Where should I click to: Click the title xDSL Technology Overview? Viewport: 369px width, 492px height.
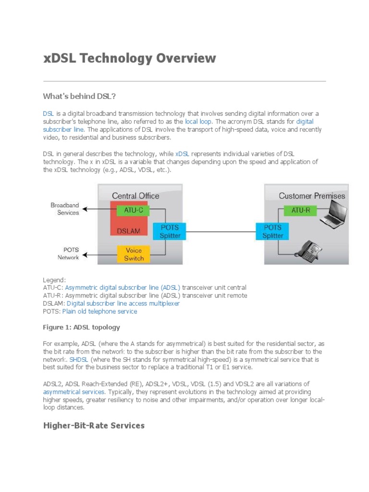pyautogui.click(x=129, y=59)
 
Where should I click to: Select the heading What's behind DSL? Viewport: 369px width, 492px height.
pyautogui.click(x=79, y=96)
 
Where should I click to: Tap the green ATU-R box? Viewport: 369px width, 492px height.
pyautogui.click(x=300, y=210)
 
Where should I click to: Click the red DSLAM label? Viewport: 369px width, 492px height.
pyautogui.click(x=128, y=231)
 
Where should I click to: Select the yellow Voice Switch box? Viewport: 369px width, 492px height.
pyautogui.click(x=134, y=254)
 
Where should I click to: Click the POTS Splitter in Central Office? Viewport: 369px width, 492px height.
pyautogui.click(x=170, y=231)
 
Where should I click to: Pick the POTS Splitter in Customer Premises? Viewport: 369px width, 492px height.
pyautogui.click(x=272, y=231)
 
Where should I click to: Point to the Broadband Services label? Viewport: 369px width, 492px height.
pyautogui.click(x=65, y=209)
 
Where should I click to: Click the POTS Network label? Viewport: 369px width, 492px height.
pyautogui.click(x=68, y=254)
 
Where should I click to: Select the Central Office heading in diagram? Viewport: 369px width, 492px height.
pyautogui.click(x=135, y=196)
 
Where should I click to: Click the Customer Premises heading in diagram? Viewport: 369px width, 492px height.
pyautogui.click(x=312, y=196)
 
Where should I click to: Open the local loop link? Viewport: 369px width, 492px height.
pyautogui.click(x=198, y=122)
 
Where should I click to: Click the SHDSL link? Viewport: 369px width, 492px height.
pyautogui.click(x=79, y=359)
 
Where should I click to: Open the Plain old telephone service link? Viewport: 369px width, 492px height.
pyautogui.click(x=99, y=311)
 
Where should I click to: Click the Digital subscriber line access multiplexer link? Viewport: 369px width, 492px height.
pyautogui.click(x=123, y=304)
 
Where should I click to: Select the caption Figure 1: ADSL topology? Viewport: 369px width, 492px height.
pyautogui.click(x=81, y=327)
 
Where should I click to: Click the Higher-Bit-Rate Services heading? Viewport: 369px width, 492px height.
pyautogui.click(x=94, y=426)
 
